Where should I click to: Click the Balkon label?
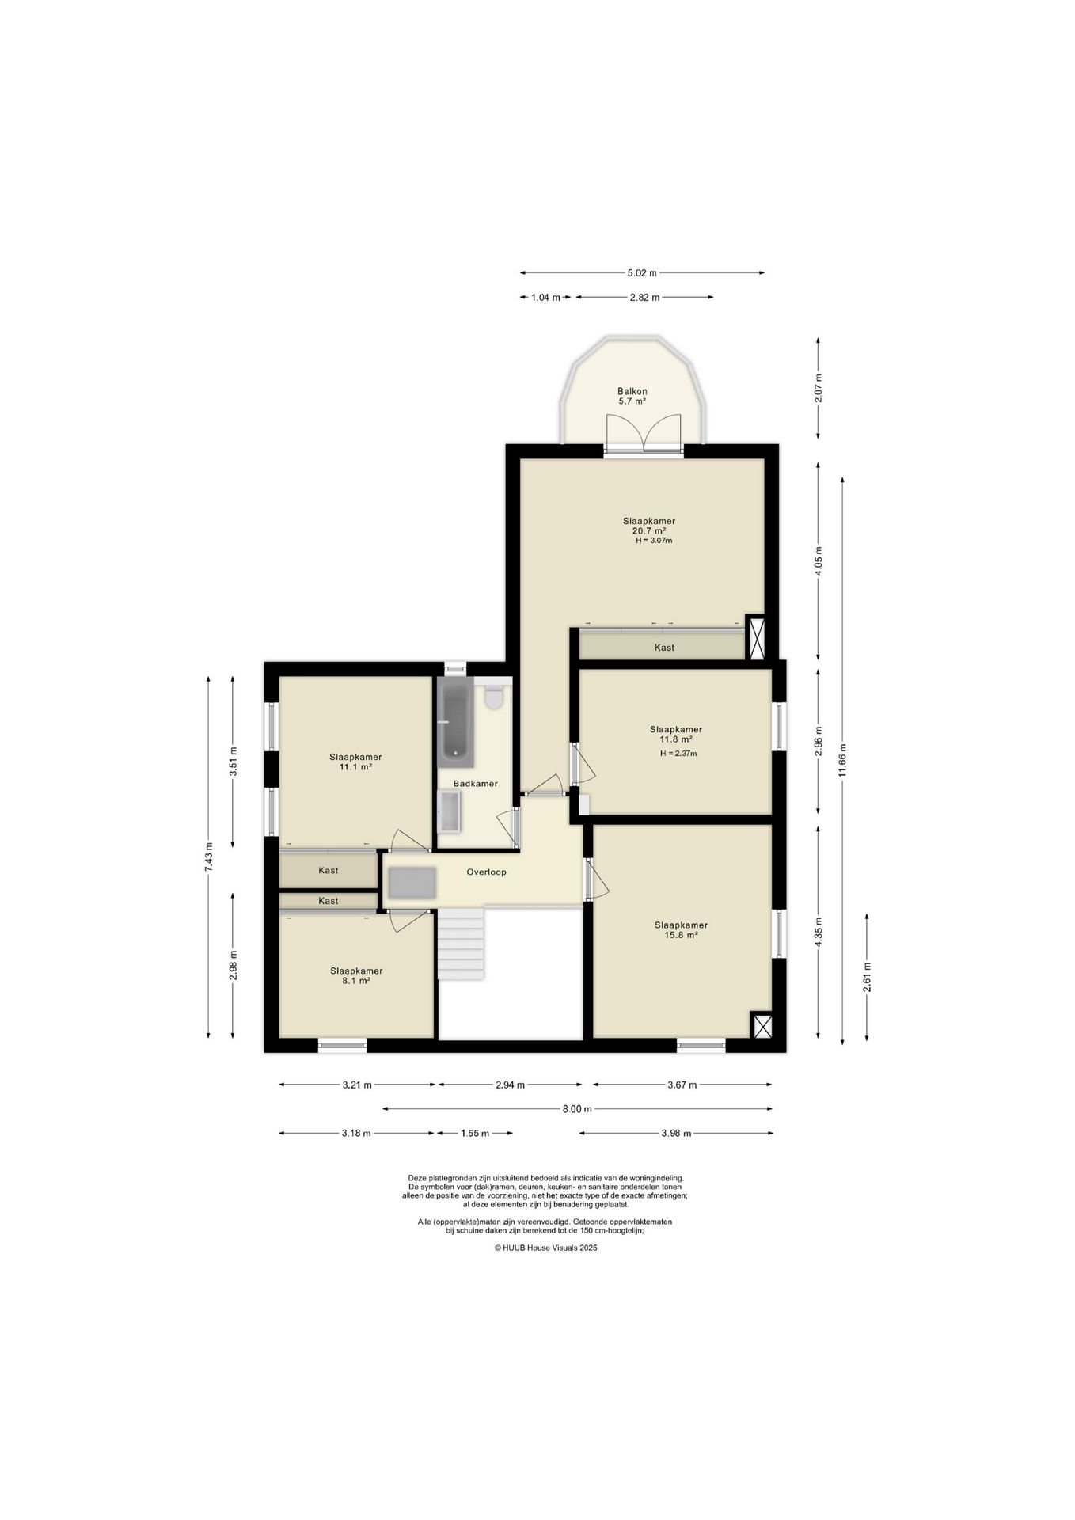point(632,391)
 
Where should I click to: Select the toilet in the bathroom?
point(494,697)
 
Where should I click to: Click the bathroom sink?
point(449,812)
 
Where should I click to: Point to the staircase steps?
point(461,944)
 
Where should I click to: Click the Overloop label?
point(486,872)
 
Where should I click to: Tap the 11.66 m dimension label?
point(842,762)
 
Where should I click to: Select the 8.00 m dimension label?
point(577,1109)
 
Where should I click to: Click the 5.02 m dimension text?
point(642,273)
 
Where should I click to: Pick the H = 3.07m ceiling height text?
point(654,541)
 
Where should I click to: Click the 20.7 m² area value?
point(649,531)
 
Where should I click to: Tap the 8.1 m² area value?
point(356,981)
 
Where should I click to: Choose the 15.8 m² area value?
point(681,935)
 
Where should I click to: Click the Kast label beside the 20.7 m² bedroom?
point(664,648)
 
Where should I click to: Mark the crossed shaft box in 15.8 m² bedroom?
point(762,1026)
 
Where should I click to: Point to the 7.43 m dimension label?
point(208,857)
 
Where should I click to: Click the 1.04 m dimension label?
point(545,298)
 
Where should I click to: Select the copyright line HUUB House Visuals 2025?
point(545,1248)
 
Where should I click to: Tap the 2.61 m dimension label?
point(867,976)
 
